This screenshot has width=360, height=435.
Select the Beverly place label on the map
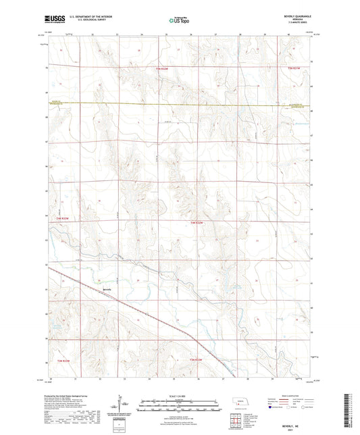(107, 290)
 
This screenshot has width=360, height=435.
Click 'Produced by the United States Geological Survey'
(68, 397)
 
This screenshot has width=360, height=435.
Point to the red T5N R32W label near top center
(166, 68)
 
